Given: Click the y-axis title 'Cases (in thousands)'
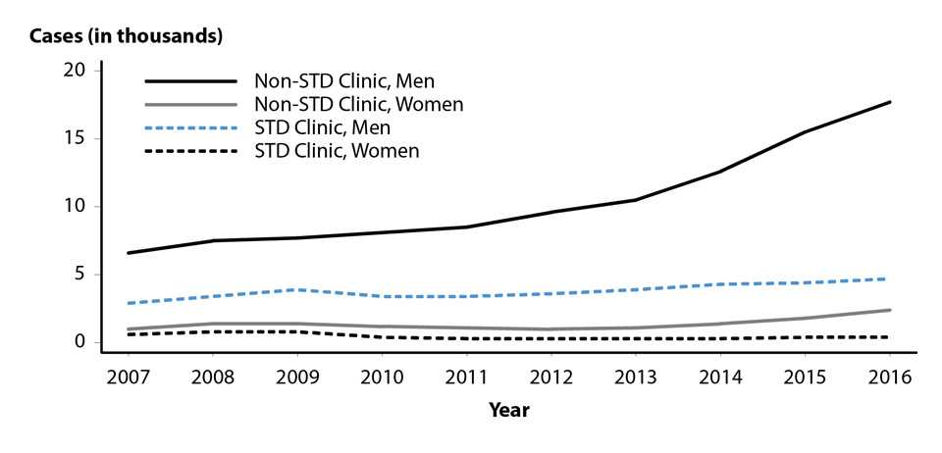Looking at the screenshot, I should click(x=126, y=37).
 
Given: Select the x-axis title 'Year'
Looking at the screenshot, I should click(x=509, y=411).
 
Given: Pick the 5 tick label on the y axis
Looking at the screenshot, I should click(x=83, y=274).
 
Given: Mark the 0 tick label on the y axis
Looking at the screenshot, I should click(x=83, y=341).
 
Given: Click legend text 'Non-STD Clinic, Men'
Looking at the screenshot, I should click(x=344, y=80).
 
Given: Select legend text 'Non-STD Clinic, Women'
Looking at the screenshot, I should click(x=358, y=104).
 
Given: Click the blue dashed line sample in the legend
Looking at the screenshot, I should click(x=191, y=127).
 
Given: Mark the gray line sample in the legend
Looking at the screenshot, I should click(x=191, y=104).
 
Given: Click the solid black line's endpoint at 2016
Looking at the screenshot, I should click(x=890, y=102).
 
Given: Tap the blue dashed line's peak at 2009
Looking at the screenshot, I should click(x=298, y=289).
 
